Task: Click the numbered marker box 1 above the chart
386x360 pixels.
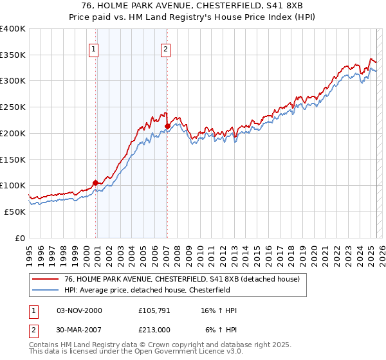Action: tap(94, 49)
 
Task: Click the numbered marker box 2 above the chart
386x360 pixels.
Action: tap(166, 49)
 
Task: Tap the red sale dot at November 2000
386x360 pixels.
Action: tap(95, 183)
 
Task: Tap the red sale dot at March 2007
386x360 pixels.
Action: tap(167, 126)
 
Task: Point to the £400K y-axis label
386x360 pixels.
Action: tap(13, 29)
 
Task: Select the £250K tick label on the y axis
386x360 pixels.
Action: tap(13, 107)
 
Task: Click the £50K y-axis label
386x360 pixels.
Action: tap(15, 212)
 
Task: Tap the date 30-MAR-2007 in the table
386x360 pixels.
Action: tap(79, 330)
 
